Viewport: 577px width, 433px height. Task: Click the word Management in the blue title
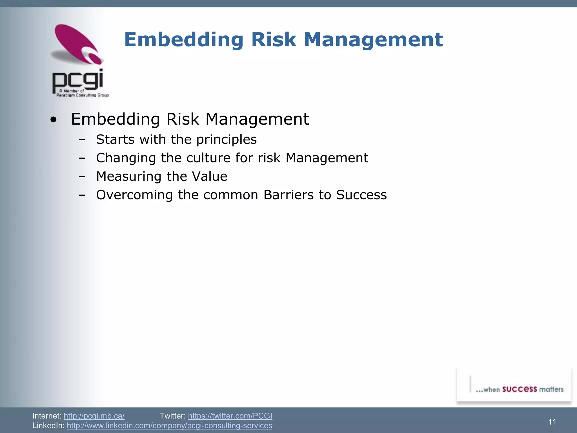[373, 40]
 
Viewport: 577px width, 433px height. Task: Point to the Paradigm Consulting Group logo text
[82, 95]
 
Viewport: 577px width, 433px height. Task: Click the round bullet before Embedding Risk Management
[53, 120]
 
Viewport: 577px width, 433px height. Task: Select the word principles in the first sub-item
[227, 140]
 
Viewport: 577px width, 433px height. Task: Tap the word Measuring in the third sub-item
[129, 177]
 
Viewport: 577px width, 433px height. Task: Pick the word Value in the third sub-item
[209, 176]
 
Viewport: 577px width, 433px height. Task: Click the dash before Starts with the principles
[82, 140]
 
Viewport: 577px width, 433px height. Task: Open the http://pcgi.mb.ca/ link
[94, 416]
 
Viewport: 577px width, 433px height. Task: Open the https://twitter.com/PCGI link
[230, 416]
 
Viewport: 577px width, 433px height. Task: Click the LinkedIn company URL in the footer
[169, 425]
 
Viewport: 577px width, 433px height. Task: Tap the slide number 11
[552, 422]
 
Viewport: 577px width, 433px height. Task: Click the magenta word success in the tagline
[520, 389]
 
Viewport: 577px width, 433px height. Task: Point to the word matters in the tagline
[551, 389]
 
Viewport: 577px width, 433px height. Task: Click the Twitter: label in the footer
[172, 416]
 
